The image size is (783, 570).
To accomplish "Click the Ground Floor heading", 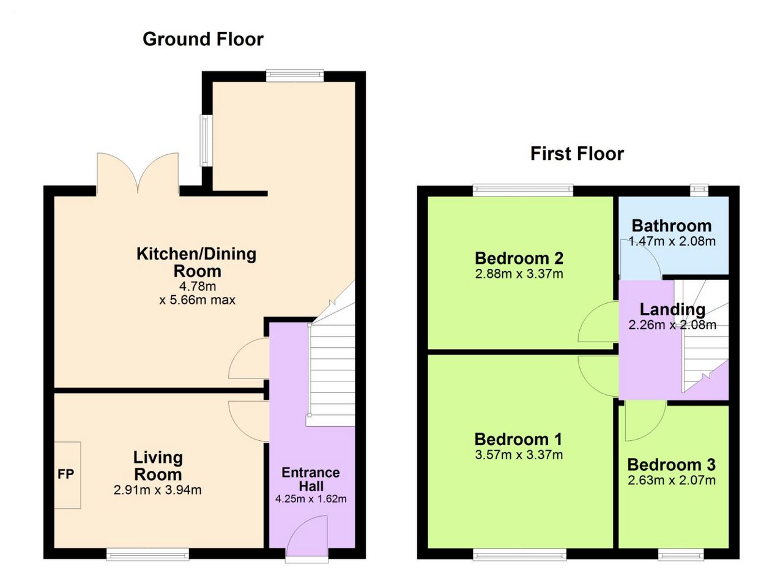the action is click(203, 39).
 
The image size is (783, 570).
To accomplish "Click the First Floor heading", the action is click(577, 154).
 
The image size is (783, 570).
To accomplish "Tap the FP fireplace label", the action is click(65, 474).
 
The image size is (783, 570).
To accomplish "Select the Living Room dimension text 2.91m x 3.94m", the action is click(158, 490).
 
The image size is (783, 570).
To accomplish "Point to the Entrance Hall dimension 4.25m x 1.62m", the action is click(311, 499).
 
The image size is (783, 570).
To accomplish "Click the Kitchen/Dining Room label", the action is click(197, 263).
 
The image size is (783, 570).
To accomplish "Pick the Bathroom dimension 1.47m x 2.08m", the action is click(672, 241).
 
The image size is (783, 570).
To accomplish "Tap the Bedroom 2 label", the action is click(519, 258).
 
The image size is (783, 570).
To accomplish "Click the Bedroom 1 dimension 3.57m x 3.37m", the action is click(519, 455).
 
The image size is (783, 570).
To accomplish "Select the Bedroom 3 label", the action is click(672, 465).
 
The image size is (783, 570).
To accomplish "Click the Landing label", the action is click(672, 310).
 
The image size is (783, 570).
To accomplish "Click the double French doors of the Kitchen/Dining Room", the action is click(138, 173).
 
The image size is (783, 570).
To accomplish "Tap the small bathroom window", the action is click(699, 190).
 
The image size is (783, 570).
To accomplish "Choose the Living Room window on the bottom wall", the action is click(147, 554).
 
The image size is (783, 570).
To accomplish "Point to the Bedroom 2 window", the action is click(523, 190).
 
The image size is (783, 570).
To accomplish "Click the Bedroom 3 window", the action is click(681, 554).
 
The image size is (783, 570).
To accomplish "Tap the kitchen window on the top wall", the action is click(295, 76).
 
